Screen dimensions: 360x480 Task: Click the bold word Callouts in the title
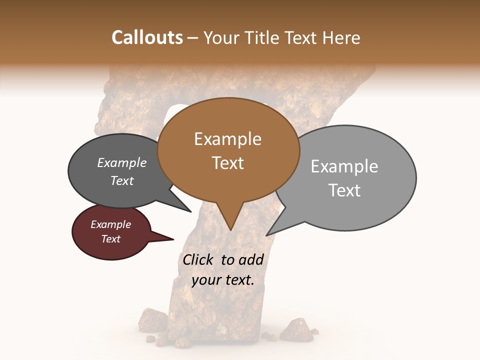pos(147,37)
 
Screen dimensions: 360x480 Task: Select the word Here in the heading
pos(341,38)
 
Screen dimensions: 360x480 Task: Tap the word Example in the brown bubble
pos(227,139)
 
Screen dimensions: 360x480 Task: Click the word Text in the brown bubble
pos(228,163)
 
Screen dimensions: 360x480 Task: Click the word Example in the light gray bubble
pos(344,166)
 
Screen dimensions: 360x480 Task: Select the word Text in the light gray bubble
pos(344,190)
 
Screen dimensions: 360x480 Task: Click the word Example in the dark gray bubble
pos(122,163)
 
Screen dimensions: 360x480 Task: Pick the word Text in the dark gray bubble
pos(122,181)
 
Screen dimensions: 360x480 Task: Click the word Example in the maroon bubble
pos(111,224)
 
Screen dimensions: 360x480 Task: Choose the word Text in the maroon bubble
pos(111,239)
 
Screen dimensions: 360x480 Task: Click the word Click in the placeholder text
pos(198,260)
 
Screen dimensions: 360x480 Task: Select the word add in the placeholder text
pos(251,260)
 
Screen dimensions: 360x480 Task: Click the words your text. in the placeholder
pos(223,280)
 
